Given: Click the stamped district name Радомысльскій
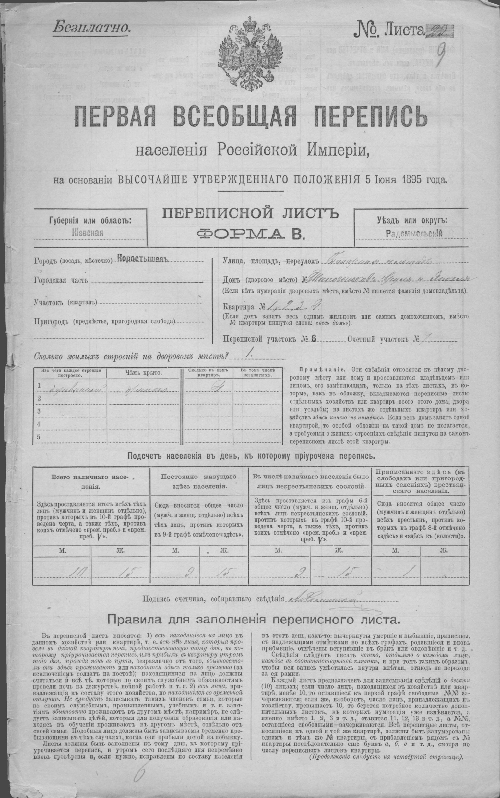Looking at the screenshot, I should [414, 233].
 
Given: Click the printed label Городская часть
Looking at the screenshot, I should [61, 281].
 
